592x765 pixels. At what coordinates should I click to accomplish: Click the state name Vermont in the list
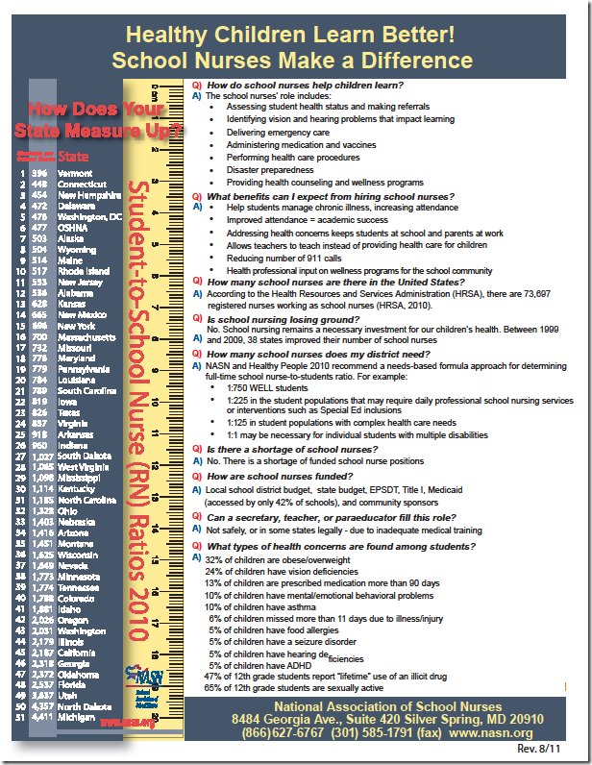[x=75, y=173]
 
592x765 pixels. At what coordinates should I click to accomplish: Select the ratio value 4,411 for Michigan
[x=42, y=717]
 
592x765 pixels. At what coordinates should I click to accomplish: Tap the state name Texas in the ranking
[x=68, y=412]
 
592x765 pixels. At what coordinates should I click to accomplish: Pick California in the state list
[x=77, y=653]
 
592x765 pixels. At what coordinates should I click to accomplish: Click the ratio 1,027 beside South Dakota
[x=42, y=456]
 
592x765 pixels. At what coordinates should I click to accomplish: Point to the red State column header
[x=74, y=155]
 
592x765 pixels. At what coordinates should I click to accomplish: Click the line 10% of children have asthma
[x=259, y=607]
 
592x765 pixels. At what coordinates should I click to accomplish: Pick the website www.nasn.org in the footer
[x=493, y=732]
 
